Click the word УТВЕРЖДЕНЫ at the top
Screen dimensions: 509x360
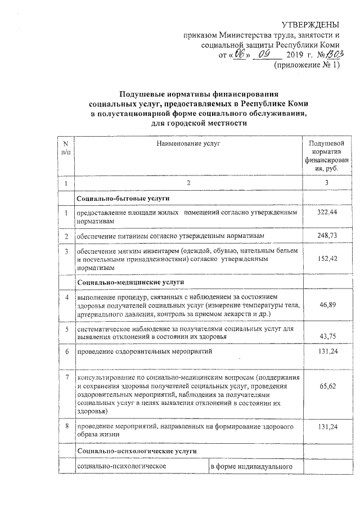point(310,25)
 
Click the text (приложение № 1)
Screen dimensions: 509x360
point(307,66)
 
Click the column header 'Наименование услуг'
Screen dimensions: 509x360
point(188,145)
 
